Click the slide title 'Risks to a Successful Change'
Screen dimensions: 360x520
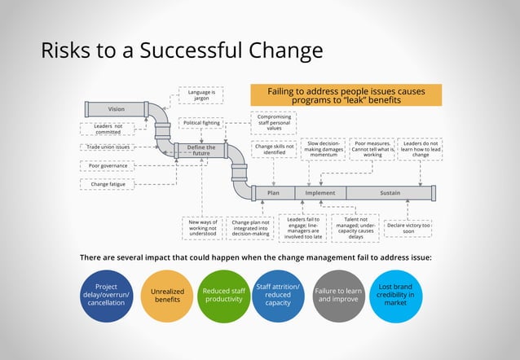point(182,50)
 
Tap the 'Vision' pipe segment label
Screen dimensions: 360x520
point(117,109)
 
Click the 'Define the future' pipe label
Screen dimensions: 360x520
point(201,149)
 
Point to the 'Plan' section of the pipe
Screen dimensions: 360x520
point(274,193)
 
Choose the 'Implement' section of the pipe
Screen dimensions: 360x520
point(320,193)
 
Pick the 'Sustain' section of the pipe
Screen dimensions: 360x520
point(390,193)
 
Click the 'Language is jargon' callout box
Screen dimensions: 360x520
point(200,96)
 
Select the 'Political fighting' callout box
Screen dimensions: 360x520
point(200,123)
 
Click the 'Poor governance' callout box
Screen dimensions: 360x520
point(107,166)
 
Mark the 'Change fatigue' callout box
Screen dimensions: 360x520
point(107,184)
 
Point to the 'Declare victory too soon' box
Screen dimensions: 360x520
point(408,228)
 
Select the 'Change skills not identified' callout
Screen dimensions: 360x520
point(273,149)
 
